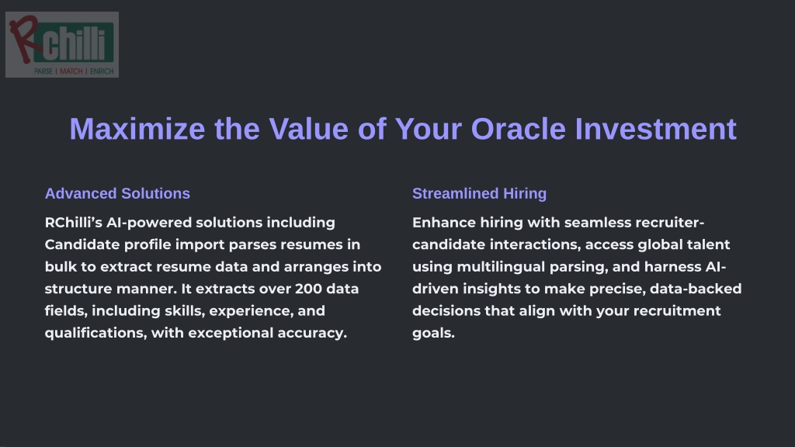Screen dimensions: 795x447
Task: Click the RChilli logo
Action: pyautogui.click(x=62, y=44)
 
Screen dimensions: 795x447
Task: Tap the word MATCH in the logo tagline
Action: pyautogui.click(x=71, y=71)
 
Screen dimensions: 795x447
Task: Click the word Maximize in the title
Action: pyautogui.click(x=137, y=129)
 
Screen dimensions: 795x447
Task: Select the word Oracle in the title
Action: pyautogui.click(x=518, y=129)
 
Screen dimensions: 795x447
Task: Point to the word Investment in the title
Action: pyautogui.click(x=655, y=129)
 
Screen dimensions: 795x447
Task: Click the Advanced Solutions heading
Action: pyautogui.click(x=117, y=193)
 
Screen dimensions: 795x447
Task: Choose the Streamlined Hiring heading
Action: pyautogui.click(x=479, y=193)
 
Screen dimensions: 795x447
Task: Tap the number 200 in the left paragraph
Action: pyautogui.click(x=308, y=289)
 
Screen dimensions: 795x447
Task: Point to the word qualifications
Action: pyautogui.click(x=95, y=333)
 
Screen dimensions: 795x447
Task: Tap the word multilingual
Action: pyautogui.click(x=491, y=267)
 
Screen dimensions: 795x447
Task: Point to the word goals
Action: pyautogui.click(x=433, y=334)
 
